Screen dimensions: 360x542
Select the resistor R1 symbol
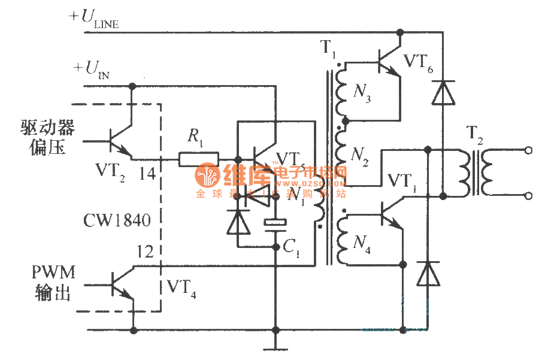click(x=198, y=159)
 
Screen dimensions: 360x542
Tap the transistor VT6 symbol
click(x=388, y=60)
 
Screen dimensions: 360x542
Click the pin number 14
click(x=147, y=174)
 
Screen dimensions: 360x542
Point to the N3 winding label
click(x=362, y=95)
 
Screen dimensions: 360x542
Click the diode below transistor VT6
click(x=443, y=93)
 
